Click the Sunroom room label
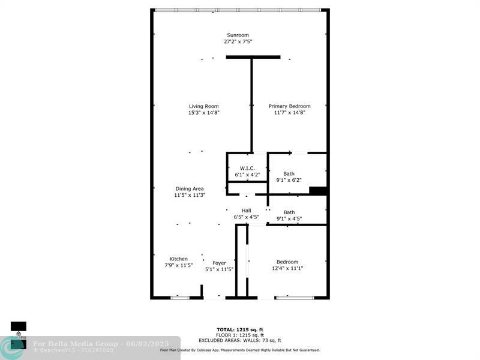click(238, 35)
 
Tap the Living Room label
click(203, 106)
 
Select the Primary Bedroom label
click(290, 106)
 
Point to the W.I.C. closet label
click(247, 168)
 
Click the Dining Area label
click(190, 188)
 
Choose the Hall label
click(246, 211)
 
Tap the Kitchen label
click(178, 259)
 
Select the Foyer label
click(219, 263)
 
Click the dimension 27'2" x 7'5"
click(238, 42)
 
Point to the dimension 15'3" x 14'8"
click(203, 113)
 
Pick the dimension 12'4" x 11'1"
click(287, 268)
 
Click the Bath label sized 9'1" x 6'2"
click(289, 173)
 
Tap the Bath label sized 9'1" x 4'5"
click(289, 212)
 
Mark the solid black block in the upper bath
click(318, 191)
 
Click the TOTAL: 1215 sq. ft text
click(239, 329)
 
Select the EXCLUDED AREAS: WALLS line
click(239, 340)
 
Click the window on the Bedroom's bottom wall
click(294, 297)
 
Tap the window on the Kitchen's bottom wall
click(179, 297)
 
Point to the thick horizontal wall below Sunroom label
click(253, 57)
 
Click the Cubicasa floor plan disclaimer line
click(239, 350)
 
